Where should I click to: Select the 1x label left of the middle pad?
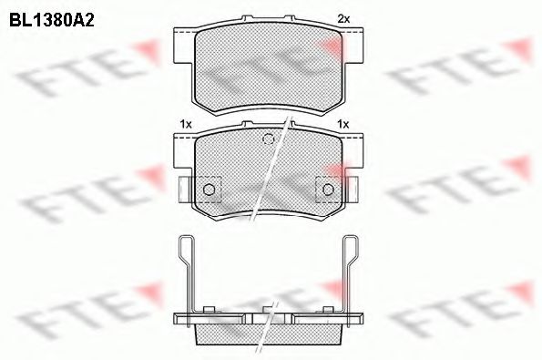[184, 123]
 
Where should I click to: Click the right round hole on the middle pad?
[325, 189]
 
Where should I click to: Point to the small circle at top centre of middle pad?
[268, 139]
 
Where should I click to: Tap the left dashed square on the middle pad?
[209, 188]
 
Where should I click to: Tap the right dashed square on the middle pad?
[325, 188]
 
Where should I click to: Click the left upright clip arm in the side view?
[185, 269]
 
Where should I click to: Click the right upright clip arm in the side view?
[349, 269]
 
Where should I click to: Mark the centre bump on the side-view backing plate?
[268, 308]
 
